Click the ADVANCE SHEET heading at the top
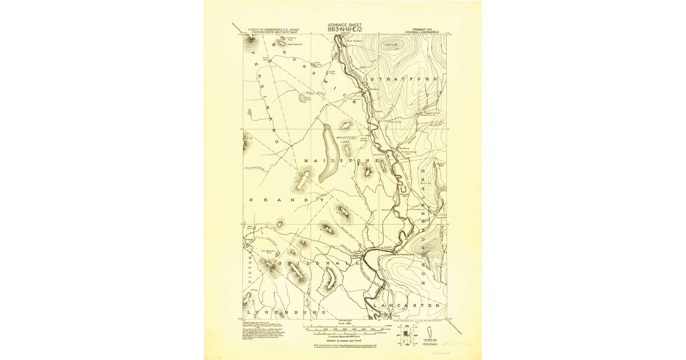(x=345, y=25)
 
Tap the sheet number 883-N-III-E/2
(x=345, y=29)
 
